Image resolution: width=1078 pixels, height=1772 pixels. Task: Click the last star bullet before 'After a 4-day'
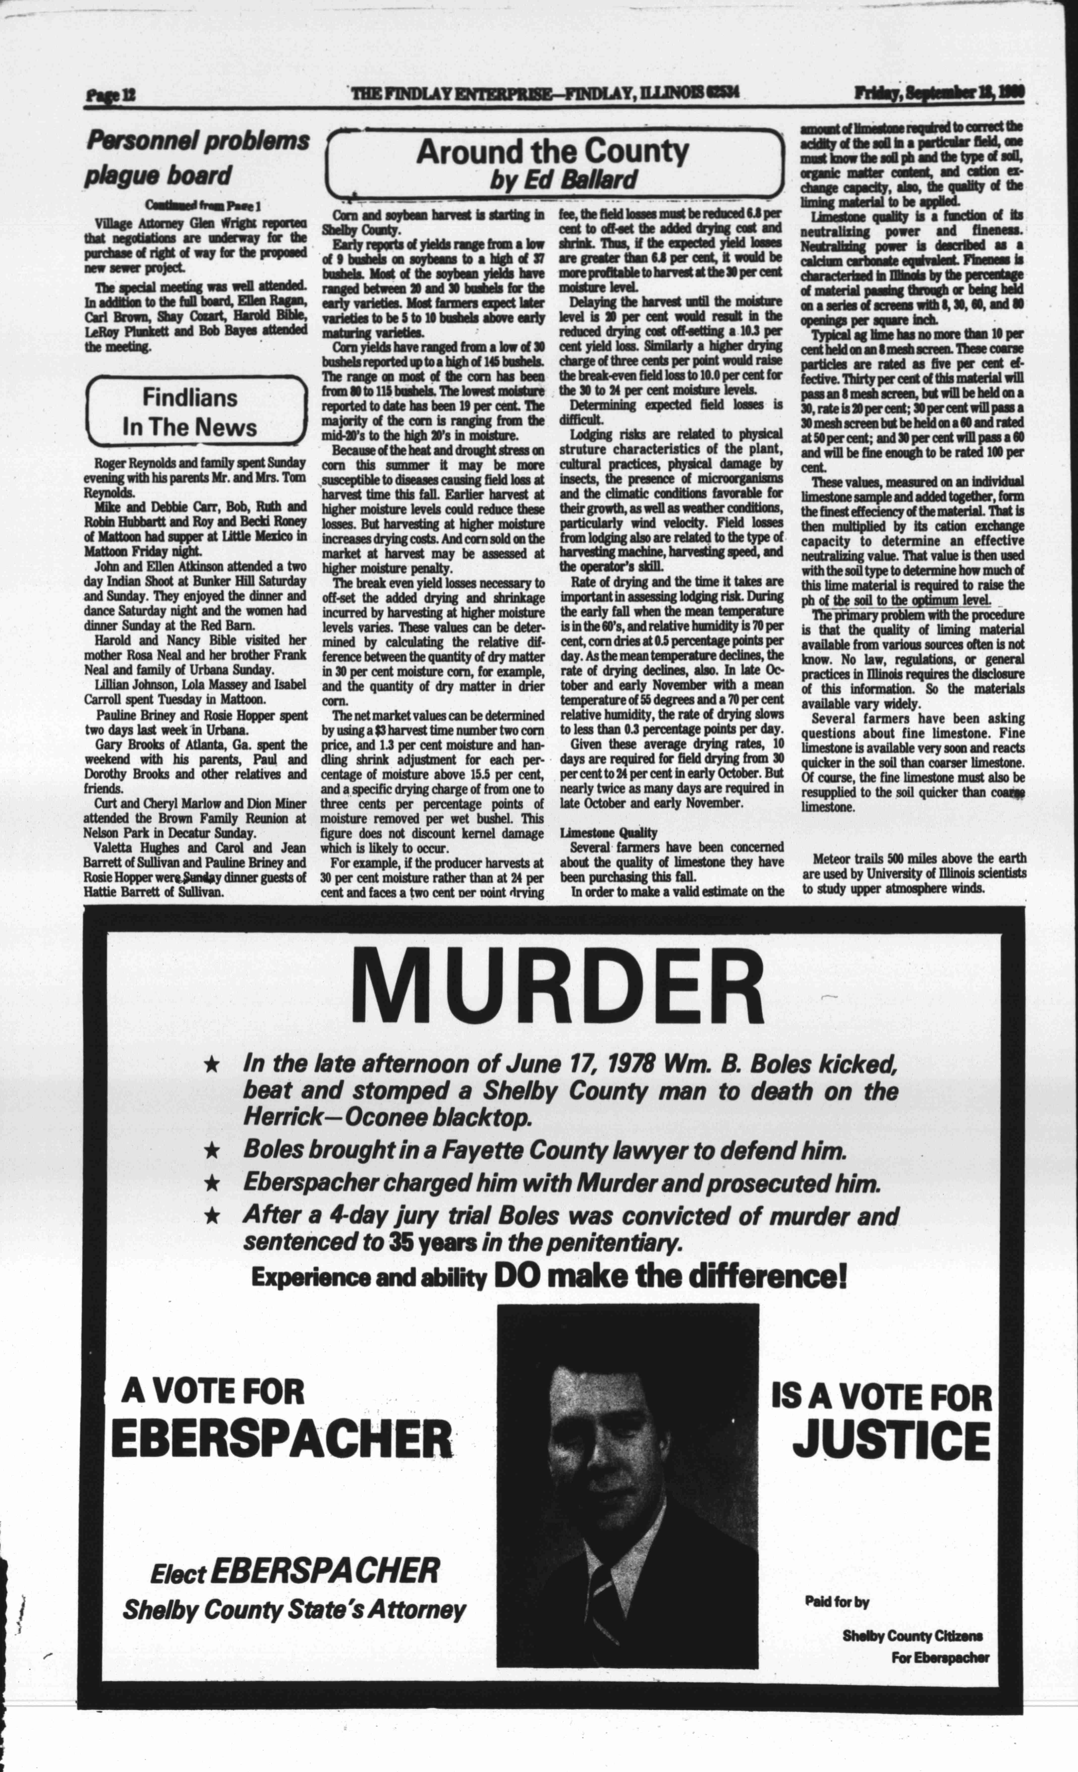pyautogui.click(x=211, y=1215)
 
